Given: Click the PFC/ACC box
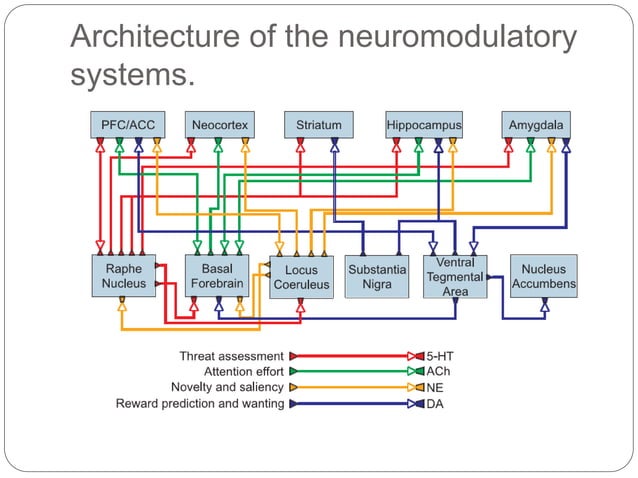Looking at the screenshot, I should (123, 125).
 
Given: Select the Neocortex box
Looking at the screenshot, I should (218, 125).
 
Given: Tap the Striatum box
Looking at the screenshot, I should (318, 125).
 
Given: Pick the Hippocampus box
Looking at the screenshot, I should (424, 125).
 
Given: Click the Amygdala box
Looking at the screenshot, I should (536, 125).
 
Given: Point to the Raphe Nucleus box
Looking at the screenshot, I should (123, 276).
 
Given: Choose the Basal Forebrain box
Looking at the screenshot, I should (217, 276).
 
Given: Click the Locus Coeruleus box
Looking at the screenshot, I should (301, 277).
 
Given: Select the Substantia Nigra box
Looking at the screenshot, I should (377, 277).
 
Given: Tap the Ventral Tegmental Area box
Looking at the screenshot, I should (455, 276).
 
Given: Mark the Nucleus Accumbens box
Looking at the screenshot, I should (544, 276).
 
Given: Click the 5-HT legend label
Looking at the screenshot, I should (441, 355).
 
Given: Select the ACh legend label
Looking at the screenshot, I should (439, 371).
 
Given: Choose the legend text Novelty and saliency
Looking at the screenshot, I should (227, 387).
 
